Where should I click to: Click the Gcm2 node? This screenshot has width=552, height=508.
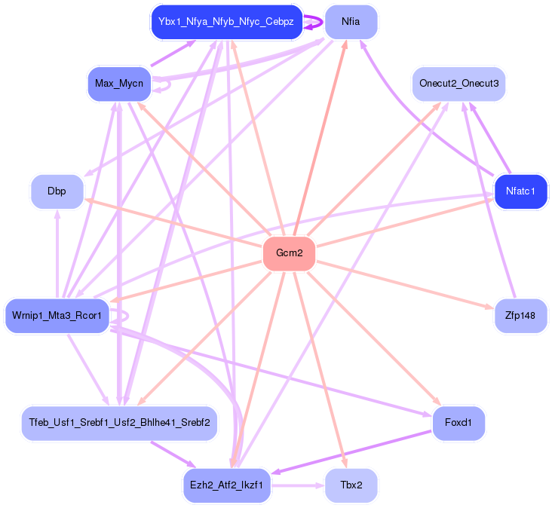click(x=289, y=253)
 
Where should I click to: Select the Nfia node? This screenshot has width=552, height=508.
click(x=351, y=22)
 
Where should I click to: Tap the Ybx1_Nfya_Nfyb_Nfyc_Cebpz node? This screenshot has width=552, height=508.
click(x=227, y=22)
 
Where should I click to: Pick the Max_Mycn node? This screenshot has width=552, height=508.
click(x=119, y=84)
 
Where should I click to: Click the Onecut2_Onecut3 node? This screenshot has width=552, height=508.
click(x=458, y=84)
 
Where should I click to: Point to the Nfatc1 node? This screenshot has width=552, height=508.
click(x=520, y=191)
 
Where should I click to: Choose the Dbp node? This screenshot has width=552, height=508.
click(x=57, y=191)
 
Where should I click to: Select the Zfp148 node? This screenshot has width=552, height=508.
click(x=520, y=316)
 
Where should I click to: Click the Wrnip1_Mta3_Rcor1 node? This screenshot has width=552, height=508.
click(x=57, y=316)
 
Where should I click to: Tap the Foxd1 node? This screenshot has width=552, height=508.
click(x=458, y=423)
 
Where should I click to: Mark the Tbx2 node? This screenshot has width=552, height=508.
click(x=351, y=485)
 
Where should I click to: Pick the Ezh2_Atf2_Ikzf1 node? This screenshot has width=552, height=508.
click(x=227, y=485)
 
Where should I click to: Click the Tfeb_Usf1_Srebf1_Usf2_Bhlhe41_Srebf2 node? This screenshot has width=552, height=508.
click(x=119, y=423)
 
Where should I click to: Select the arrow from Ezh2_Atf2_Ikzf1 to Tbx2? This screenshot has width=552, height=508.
click(x=298, y=485)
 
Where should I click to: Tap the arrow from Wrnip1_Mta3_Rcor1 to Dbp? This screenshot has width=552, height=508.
click(x=57, y=254)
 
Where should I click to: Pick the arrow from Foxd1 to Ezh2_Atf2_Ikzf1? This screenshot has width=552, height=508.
click(x=351, y=451)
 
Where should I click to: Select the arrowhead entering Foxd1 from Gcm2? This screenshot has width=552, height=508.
click(x=437, y=401)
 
